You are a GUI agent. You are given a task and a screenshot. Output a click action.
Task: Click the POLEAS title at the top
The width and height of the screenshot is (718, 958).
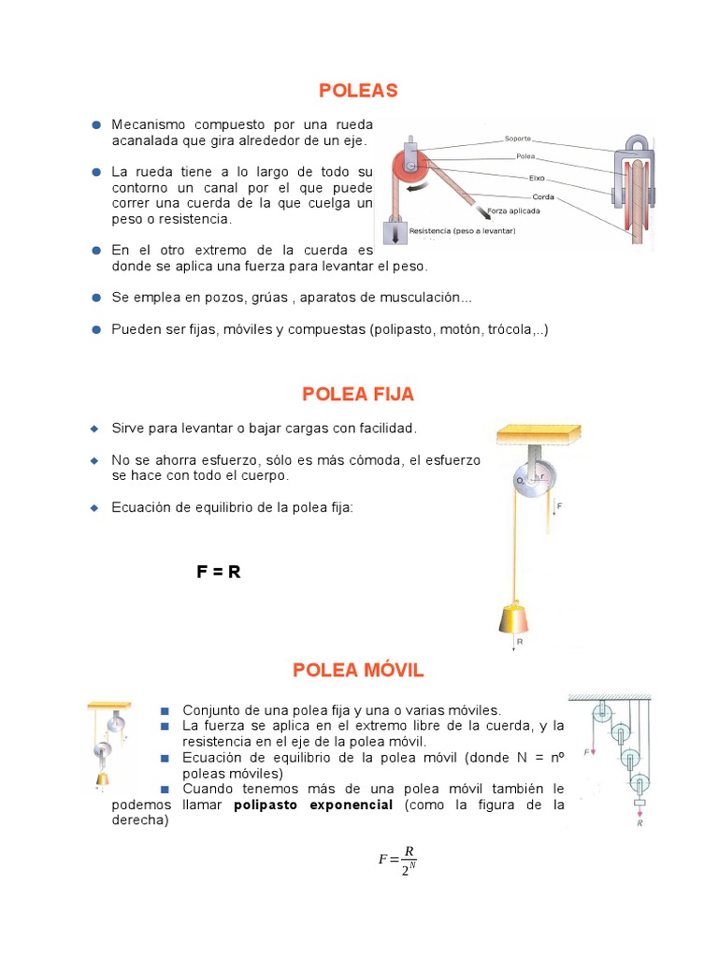[358, 91]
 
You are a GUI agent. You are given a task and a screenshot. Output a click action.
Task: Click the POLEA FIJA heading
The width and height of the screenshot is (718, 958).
[358, 395]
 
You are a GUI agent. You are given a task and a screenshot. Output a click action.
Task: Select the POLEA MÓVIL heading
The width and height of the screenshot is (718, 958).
[358, 670]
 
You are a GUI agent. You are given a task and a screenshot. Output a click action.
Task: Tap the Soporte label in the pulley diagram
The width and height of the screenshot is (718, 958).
[517, 138]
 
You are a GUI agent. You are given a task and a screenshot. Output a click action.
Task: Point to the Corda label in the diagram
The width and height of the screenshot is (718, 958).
[543, 196]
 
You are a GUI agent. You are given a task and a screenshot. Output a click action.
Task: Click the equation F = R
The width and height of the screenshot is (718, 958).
[219, 572]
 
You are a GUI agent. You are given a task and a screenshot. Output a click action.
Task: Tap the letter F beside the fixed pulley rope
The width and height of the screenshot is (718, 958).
[559, 506]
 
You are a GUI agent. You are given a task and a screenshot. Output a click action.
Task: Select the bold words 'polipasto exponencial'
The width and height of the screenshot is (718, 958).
[313, 806]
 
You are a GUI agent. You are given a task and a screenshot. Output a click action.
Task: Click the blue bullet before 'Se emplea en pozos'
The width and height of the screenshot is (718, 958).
[96, 298]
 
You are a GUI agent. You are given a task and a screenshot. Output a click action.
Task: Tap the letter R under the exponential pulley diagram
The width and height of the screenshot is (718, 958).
[639, 823]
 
